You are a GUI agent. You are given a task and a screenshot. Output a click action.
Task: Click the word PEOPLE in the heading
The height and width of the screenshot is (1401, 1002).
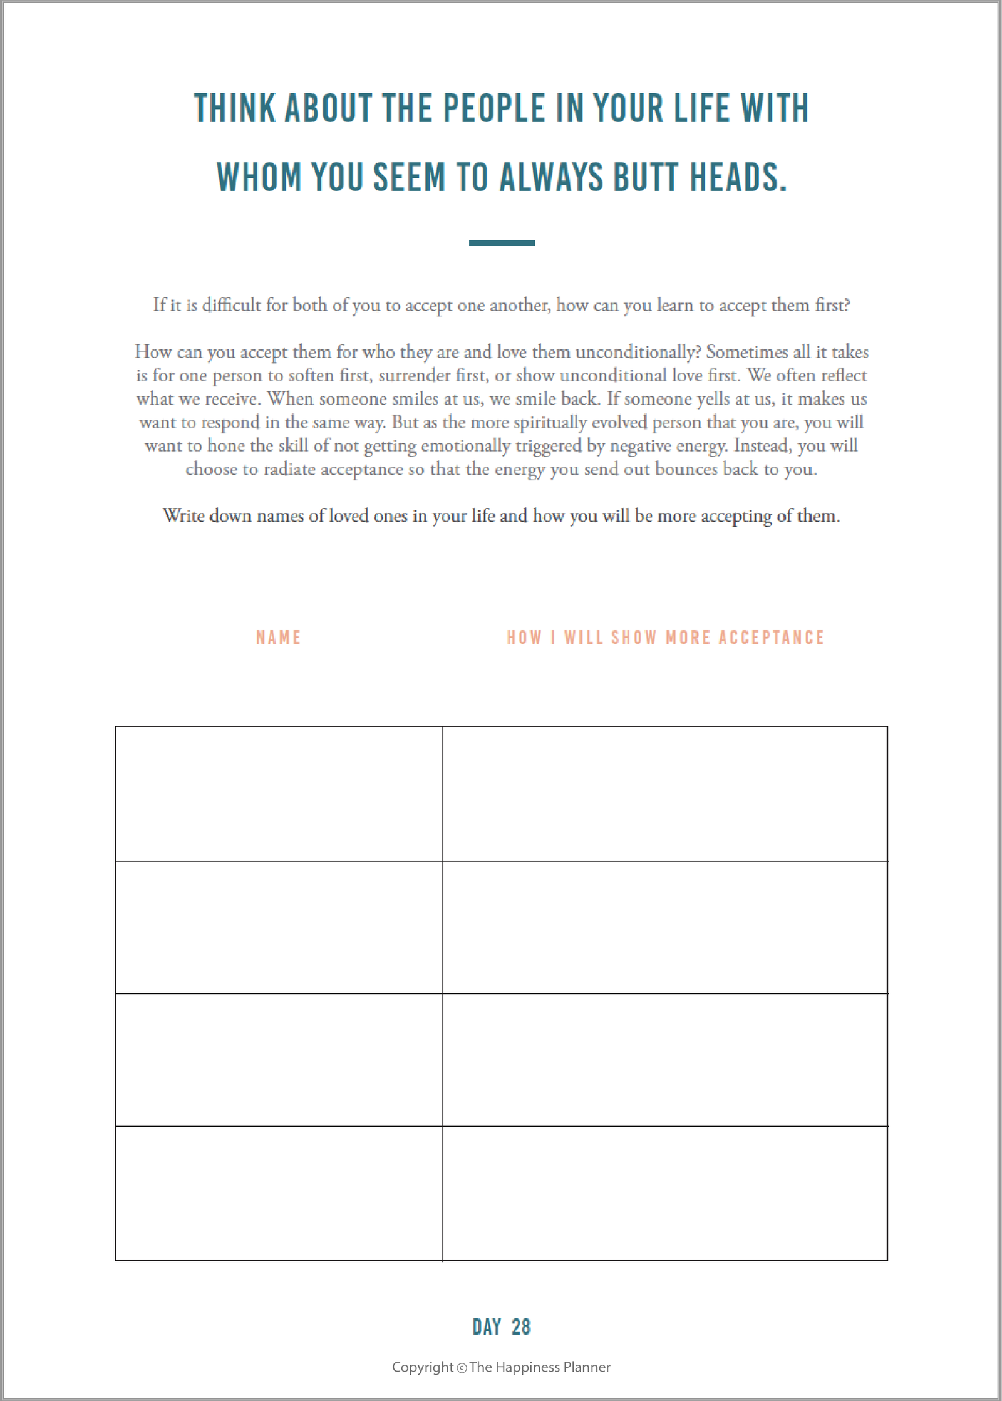point(494,108)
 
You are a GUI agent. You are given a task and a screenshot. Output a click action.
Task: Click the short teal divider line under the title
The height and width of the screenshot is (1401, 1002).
point(502,243)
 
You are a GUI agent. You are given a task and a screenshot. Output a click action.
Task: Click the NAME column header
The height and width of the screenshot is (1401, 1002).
point(279,638)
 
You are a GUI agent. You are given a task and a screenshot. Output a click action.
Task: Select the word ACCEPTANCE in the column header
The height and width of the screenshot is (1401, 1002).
point(771,638)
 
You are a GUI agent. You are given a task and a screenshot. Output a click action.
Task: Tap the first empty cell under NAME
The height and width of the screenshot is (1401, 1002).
point(279,794)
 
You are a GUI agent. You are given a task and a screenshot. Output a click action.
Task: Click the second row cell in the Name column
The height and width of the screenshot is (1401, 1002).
point(279,928)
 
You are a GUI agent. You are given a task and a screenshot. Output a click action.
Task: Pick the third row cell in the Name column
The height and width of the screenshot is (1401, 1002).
point(279,1060)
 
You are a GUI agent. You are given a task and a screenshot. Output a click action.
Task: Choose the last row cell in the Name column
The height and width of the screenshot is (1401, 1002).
point(279,1193)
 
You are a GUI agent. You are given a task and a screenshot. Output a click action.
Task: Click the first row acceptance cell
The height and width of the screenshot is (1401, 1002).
point(664,794)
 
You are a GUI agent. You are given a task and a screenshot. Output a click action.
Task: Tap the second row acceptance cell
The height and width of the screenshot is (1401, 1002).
point(664,928)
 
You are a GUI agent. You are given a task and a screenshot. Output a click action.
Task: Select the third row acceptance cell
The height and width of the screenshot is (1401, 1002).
point(664,1060)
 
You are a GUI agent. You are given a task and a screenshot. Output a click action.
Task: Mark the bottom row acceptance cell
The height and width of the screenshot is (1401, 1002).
point(664,1193)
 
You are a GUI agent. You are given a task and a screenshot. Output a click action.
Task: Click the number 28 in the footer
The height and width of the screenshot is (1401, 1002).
point(521,1327)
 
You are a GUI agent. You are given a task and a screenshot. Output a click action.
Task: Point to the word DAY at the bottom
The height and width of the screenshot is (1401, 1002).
point(487,1327)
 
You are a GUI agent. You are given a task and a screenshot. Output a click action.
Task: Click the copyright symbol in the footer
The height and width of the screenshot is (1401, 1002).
point(462,1368)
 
